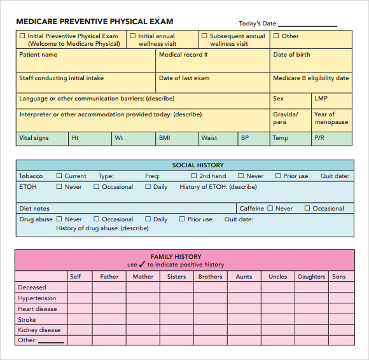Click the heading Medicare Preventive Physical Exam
click(x=94, y=22)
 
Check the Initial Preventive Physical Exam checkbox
click(x=22, y=36)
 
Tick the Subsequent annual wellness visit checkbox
click(x=204, y=36)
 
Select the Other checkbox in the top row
click(x=276, y=36)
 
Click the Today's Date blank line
click(x=307, y=24)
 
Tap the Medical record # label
click(x=183, y=55)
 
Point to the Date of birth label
click(x=291, y=55)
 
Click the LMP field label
click(x=321, y=99)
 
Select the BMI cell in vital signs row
click(x=176, y=138)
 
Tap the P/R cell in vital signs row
click(x=331, y=138)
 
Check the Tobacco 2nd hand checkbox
click(x=194, y=176)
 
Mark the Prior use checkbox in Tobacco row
click(x=278, y=176)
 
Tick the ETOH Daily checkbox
click(x=148, y=187)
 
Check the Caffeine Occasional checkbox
click(x=307, y=208)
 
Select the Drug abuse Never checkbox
click(x=59, y=219)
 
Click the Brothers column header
click(x=210, y=277)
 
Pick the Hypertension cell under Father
click(x=109, y=298)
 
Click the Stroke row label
click(x=27, y=320)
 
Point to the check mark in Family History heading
click(x=142, y=264)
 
